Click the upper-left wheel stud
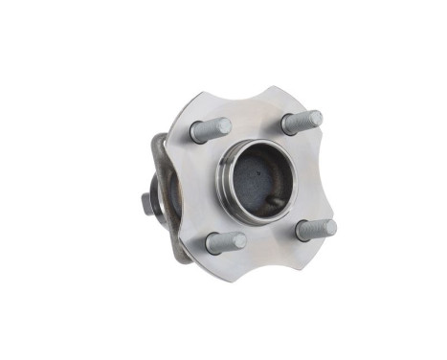(210, 129)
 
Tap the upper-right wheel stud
(302, 123)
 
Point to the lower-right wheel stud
(316, 230)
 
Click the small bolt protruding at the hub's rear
(146, 204)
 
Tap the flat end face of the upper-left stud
(224, 125)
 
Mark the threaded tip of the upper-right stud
(315, 119)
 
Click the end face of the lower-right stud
(329, 228)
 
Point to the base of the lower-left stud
(212, 243)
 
